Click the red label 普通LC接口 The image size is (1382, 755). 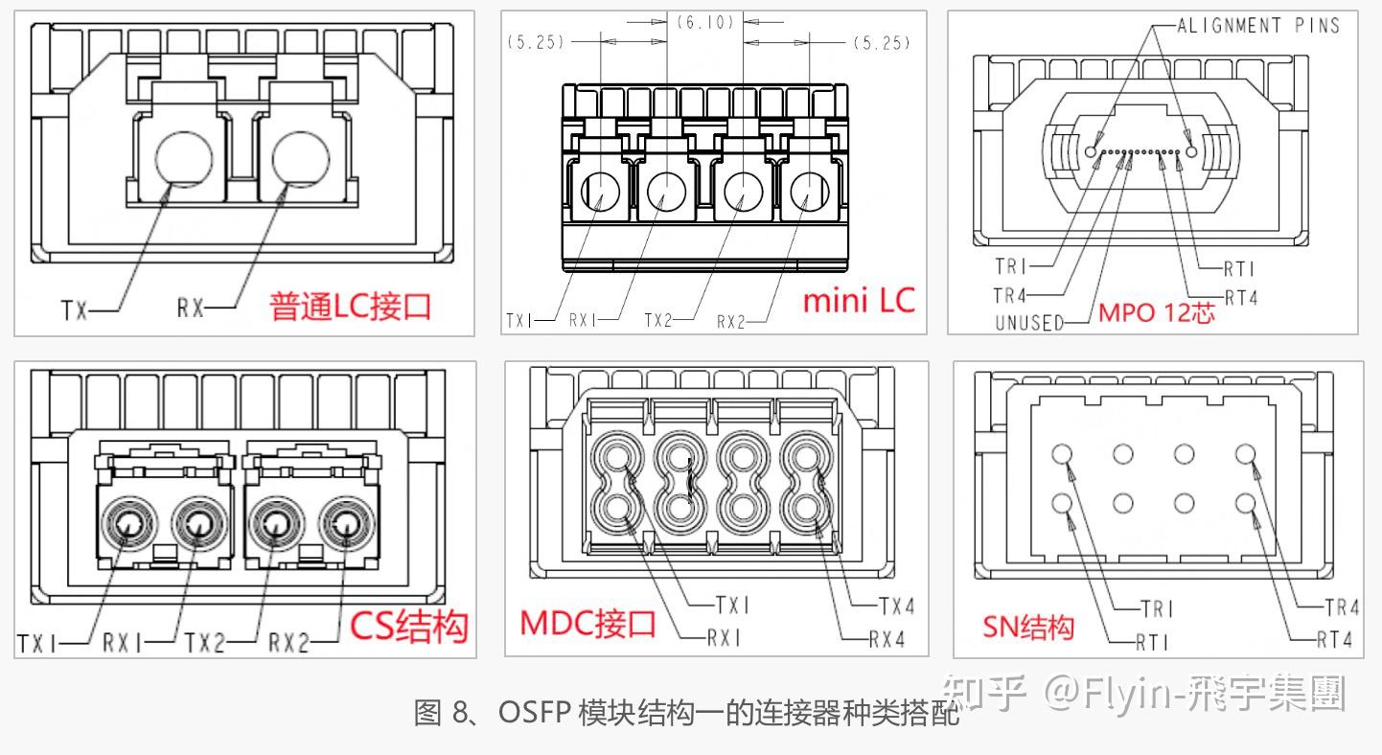point(351,306)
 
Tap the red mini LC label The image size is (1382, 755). point(859,300)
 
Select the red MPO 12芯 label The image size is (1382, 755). point(1156,312)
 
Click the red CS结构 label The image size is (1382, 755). point(408,627)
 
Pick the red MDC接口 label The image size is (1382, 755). point(588,624)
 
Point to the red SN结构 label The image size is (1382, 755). point(1028,628)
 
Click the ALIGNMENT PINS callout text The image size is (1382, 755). point(1258,26)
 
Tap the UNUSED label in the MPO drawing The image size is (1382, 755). point(1029,323)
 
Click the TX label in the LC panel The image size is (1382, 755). point(75,309)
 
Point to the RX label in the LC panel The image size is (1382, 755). point(190,308)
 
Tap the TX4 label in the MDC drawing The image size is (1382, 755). point(896,606)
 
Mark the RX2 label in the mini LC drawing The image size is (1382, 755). point(730,322)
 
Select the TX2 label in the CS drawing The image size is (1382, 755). point(204,642)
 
